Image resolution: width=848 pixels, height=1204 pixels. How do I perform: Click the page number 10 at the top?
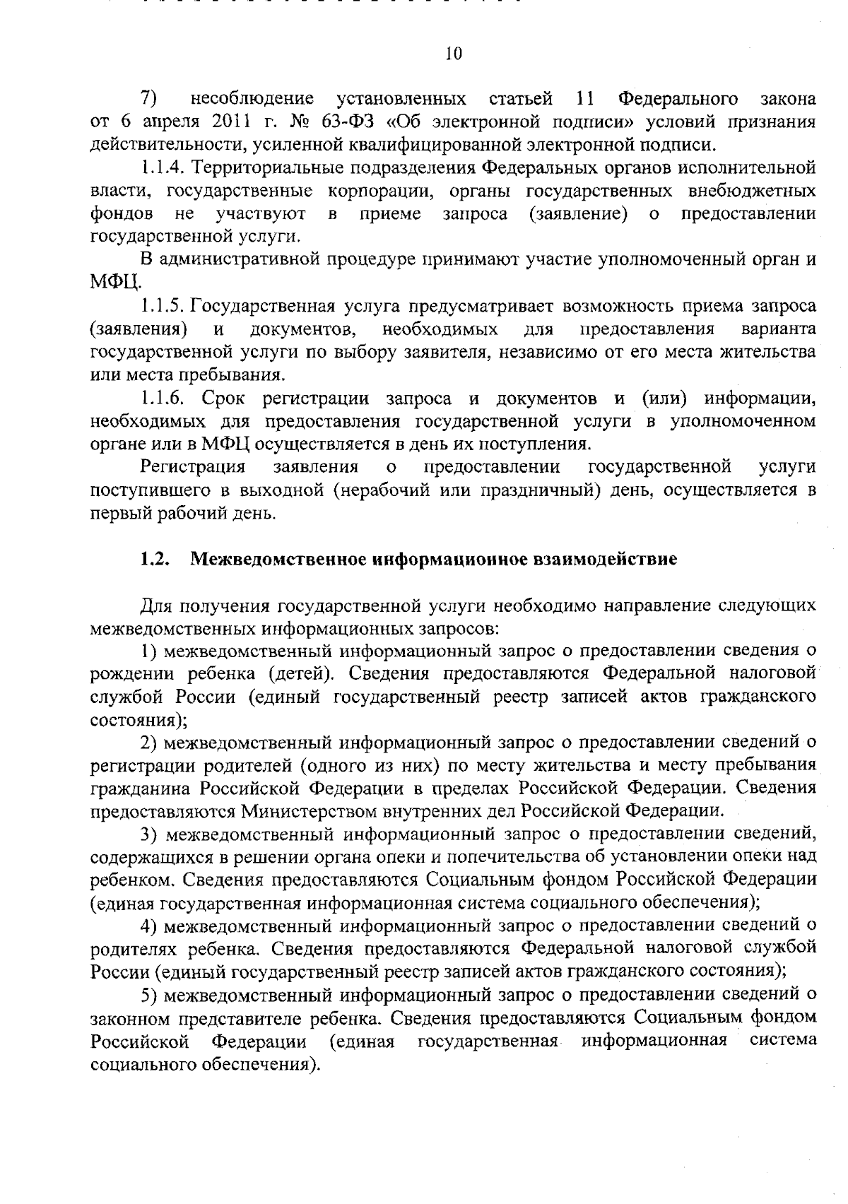pyautogui.click(x=454, y=54)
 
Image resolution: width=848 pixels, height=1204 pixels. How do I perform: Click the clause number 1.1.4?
pyautogui.click(x=163, y=167)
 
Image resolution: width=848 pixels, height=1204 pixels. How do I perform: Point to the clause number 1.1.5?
pyautogui.click(x=163, y=306)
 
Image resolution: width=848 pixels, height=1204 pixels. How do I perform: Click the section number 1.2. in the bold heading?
pyautogui.click(x=154, y=559)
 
